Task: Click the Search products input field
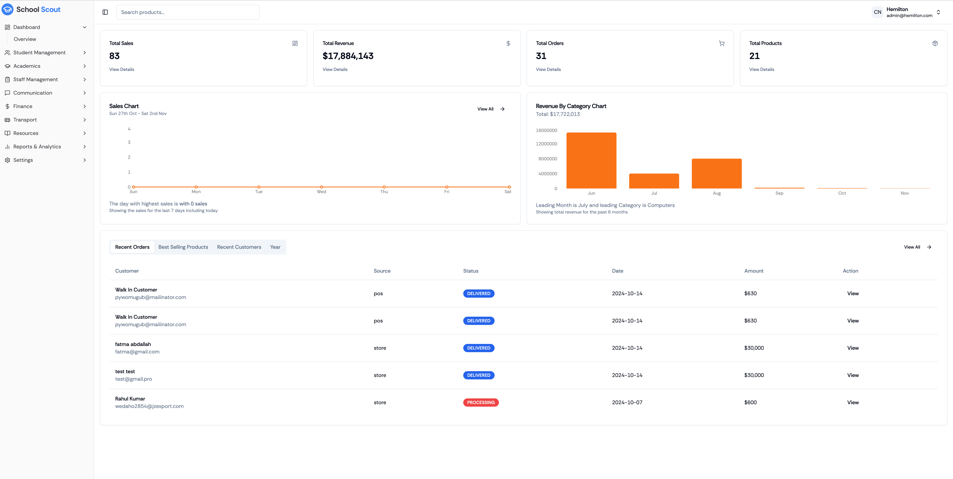pyautogui.click(x=188, y=12)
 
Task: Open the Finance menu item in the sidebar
pyautogui.click(x=23, y=106)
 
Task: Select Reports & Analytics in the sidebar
pyautogui.click(x=37, y=147)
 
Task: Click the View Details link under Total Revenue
pyautogui.click(x=335, y=69)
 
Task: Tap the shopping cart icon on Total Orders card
pyautogui.click(x=721, y=43)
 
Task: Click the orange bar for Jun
pyautogui.click(x=591, y=161)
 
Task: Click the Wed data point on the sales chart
pyautogui.click(x=321, y=187)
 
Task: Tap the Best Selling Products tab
pyautogui.click(x=183, y=247)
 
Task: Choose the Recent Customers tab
pyautogui.click(x=239, y=247)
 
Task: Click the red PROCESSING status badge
pyautogui.click(x=480, y=402)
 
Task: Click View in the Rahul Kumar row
pyautogui.click(x=853, y=402)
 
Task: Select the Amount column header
pyautogui.click(x=754, y=271)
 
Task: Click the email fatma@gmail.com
pyautogui.click(x=137, y=352)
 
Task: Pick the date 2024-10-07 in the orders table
pyautogui.click(x=627, y=402)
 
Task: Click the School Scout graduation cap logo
pyautogui.click(x=7, y=9)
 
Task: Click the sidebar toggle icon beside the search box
pyautogui.click(x=105, y=12)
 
